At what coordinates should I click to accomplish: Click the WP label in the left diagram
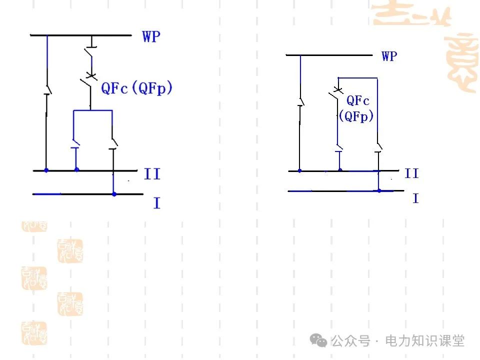151,36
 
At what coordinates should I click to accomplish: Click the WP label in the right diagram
389,56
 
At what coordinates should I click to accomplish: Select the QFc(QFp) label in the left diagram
136,88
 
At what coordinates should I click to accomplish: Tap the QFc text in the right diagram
358,100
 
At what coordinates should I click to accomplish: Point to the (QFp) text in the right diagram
356,116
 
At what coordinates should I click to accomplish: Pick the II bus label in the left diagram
152,174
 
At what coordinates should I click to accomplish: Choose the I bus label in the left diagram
156,203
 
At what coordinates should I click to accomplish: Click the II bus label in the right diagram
411,173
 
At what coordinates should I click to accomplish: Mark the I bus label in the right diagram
415,198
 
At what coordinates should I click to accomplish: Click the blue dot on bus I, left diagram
114,194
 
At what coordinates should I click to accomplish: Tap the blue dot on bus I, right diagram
379,190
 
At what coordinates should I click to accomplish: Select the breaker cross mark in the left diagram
91,76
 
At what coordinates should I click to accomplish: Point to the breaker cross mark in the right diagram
337,89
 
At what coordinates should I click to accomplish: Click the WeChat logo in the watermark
318,340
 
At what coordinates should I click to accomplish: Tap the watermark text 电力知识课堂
424,341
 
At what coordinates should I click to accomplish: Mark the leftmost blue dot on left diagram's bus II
46,170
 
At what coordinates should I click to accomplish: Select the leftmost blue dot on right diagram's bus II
299,171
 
